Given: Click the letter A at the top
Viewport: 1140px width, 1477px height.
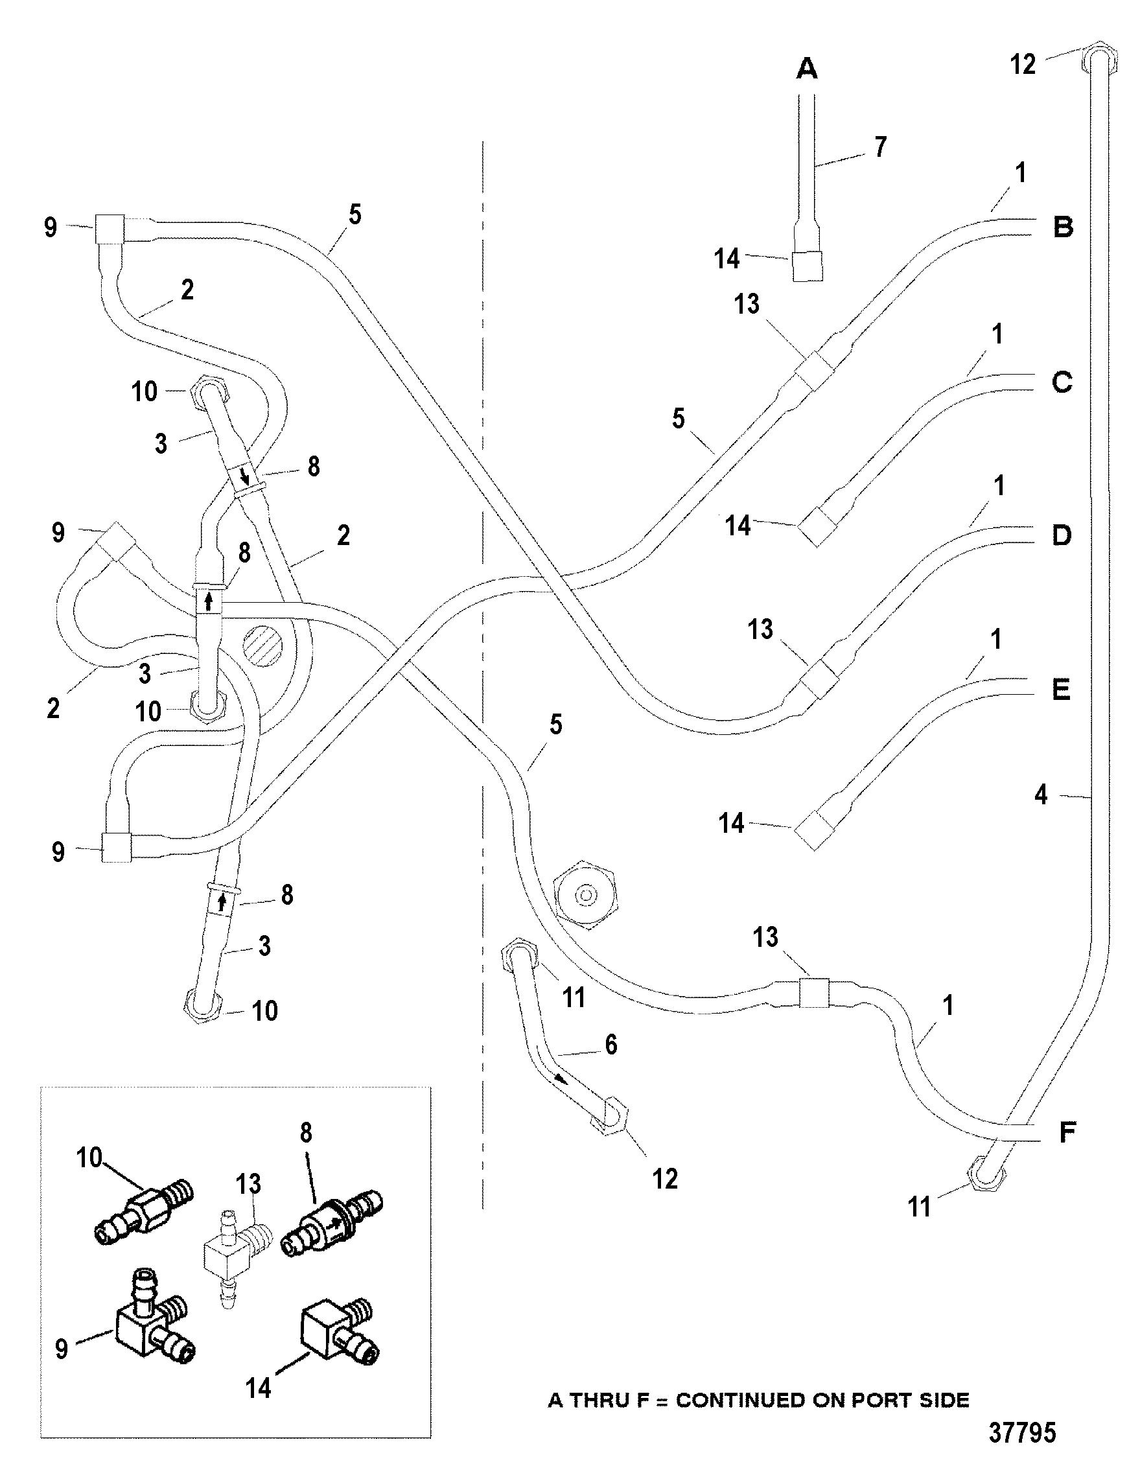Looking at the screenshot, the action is point(807,68).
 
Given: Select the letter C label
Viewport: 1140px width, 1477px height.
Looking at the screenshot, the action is point(1062,383).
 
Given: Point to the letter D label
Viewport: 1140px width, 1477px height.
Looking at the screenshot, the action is point(1062,535).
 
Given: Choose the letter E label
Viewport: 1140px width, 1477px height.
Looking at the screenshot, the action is point(1061,690).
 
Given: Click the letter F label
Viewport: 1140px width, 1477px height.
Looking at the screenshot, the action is point(1067,1133).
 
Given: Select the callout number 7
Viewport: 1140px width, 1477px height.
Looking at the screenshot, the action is point(879,146).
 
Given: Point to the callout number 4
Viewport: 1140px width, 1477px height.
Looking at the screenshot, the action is point(1041,795).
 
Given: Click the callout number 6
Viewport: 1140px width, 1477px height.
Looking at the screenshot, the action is point(611,1045).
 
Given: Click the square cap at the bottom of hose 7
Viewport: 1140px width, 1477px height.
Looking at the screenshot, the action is point(807,266).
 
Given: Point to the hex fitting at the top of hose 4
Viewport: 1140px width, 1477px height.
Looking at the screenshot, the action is point(1100,61).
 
